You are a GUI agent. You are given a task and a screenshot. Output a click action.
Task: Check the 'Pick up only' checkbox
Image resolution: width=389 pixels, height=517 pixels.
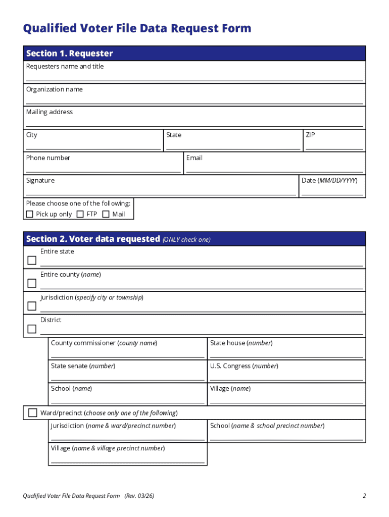(x=29, y=214)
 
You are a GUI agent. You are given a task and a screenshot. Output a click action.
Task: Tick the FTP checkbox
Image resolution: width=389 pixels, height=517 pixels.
(x=80, y=214)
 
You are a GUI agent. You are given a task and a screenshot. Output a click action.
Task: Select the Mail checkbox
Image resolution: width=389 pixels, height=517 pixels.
(x=106, y=214)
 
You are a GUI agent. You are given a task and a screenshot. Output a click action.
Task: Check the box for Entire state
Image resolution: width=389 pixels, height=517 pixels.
(x=32, y=261)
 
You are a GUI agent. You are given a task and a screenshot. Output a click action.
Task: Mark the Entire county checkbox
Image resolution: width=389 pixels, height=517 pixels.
(x=32, y=283)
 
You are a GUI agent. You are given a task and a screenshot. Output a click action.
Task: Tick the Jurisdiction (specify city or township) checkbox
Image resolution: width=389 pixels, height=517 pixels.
(x=32, y=306)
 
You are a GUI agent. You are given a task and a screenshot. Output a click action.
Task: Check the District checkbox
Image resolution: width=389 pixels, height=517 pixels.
(x=32, y=329)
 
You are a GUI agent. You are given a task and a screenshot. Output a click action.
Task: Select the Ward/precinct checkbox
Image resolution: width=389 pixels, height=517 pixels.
(x=33, y=412)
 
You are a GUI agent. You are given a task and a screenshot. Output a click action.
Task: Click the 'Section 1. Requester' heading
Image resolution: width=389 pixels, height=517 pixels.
(x=69, y=54)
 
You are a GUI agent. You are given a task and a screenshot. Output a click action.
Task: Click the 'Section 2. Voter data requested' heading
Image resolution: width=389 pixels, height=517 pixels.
(x=92, y=239)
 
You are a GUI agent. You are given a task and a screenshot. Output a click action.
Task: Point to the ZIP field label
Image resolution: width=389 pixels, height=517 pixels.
(x=310, y=135)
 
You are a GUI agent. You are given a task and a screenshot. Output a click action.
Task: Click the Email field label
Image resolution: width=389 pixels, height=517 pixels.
(x=194, y=158)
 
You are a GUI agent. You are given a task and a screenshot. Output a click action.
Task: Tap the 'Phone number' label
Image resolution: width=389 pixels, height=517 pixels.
(x=48, y=158)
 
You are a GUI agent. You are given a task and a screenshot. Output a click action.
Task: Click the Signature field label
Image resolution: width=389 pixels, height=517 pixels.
(x=40, y=181)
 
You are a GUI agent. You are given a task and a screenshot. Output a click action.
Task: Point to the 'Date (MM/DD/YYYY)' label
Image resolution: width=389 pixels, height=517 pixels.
(x=329, y=181)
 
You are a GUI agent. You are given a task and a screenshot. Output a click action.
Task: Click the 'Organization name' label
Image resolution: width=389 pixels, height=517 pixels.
(x=54, y=89)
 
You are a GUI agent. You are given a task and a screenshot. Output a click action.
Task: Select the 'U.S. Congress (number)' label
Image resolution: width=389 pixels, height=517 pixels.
(x=244, y=366)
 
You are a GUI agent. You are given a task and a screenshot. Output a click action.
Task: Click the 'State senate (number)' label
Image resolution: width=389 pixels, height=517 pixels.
(x=83, y=366)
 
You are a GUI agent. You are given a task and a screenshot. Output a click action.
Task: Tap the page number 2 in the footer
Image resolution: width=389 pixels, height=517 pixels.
(x=364, y=496)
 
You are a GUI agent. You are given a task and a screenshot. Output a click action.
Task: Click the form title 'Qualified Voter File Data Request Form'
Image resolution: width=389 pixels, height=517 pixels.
(x=137, y=29)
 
